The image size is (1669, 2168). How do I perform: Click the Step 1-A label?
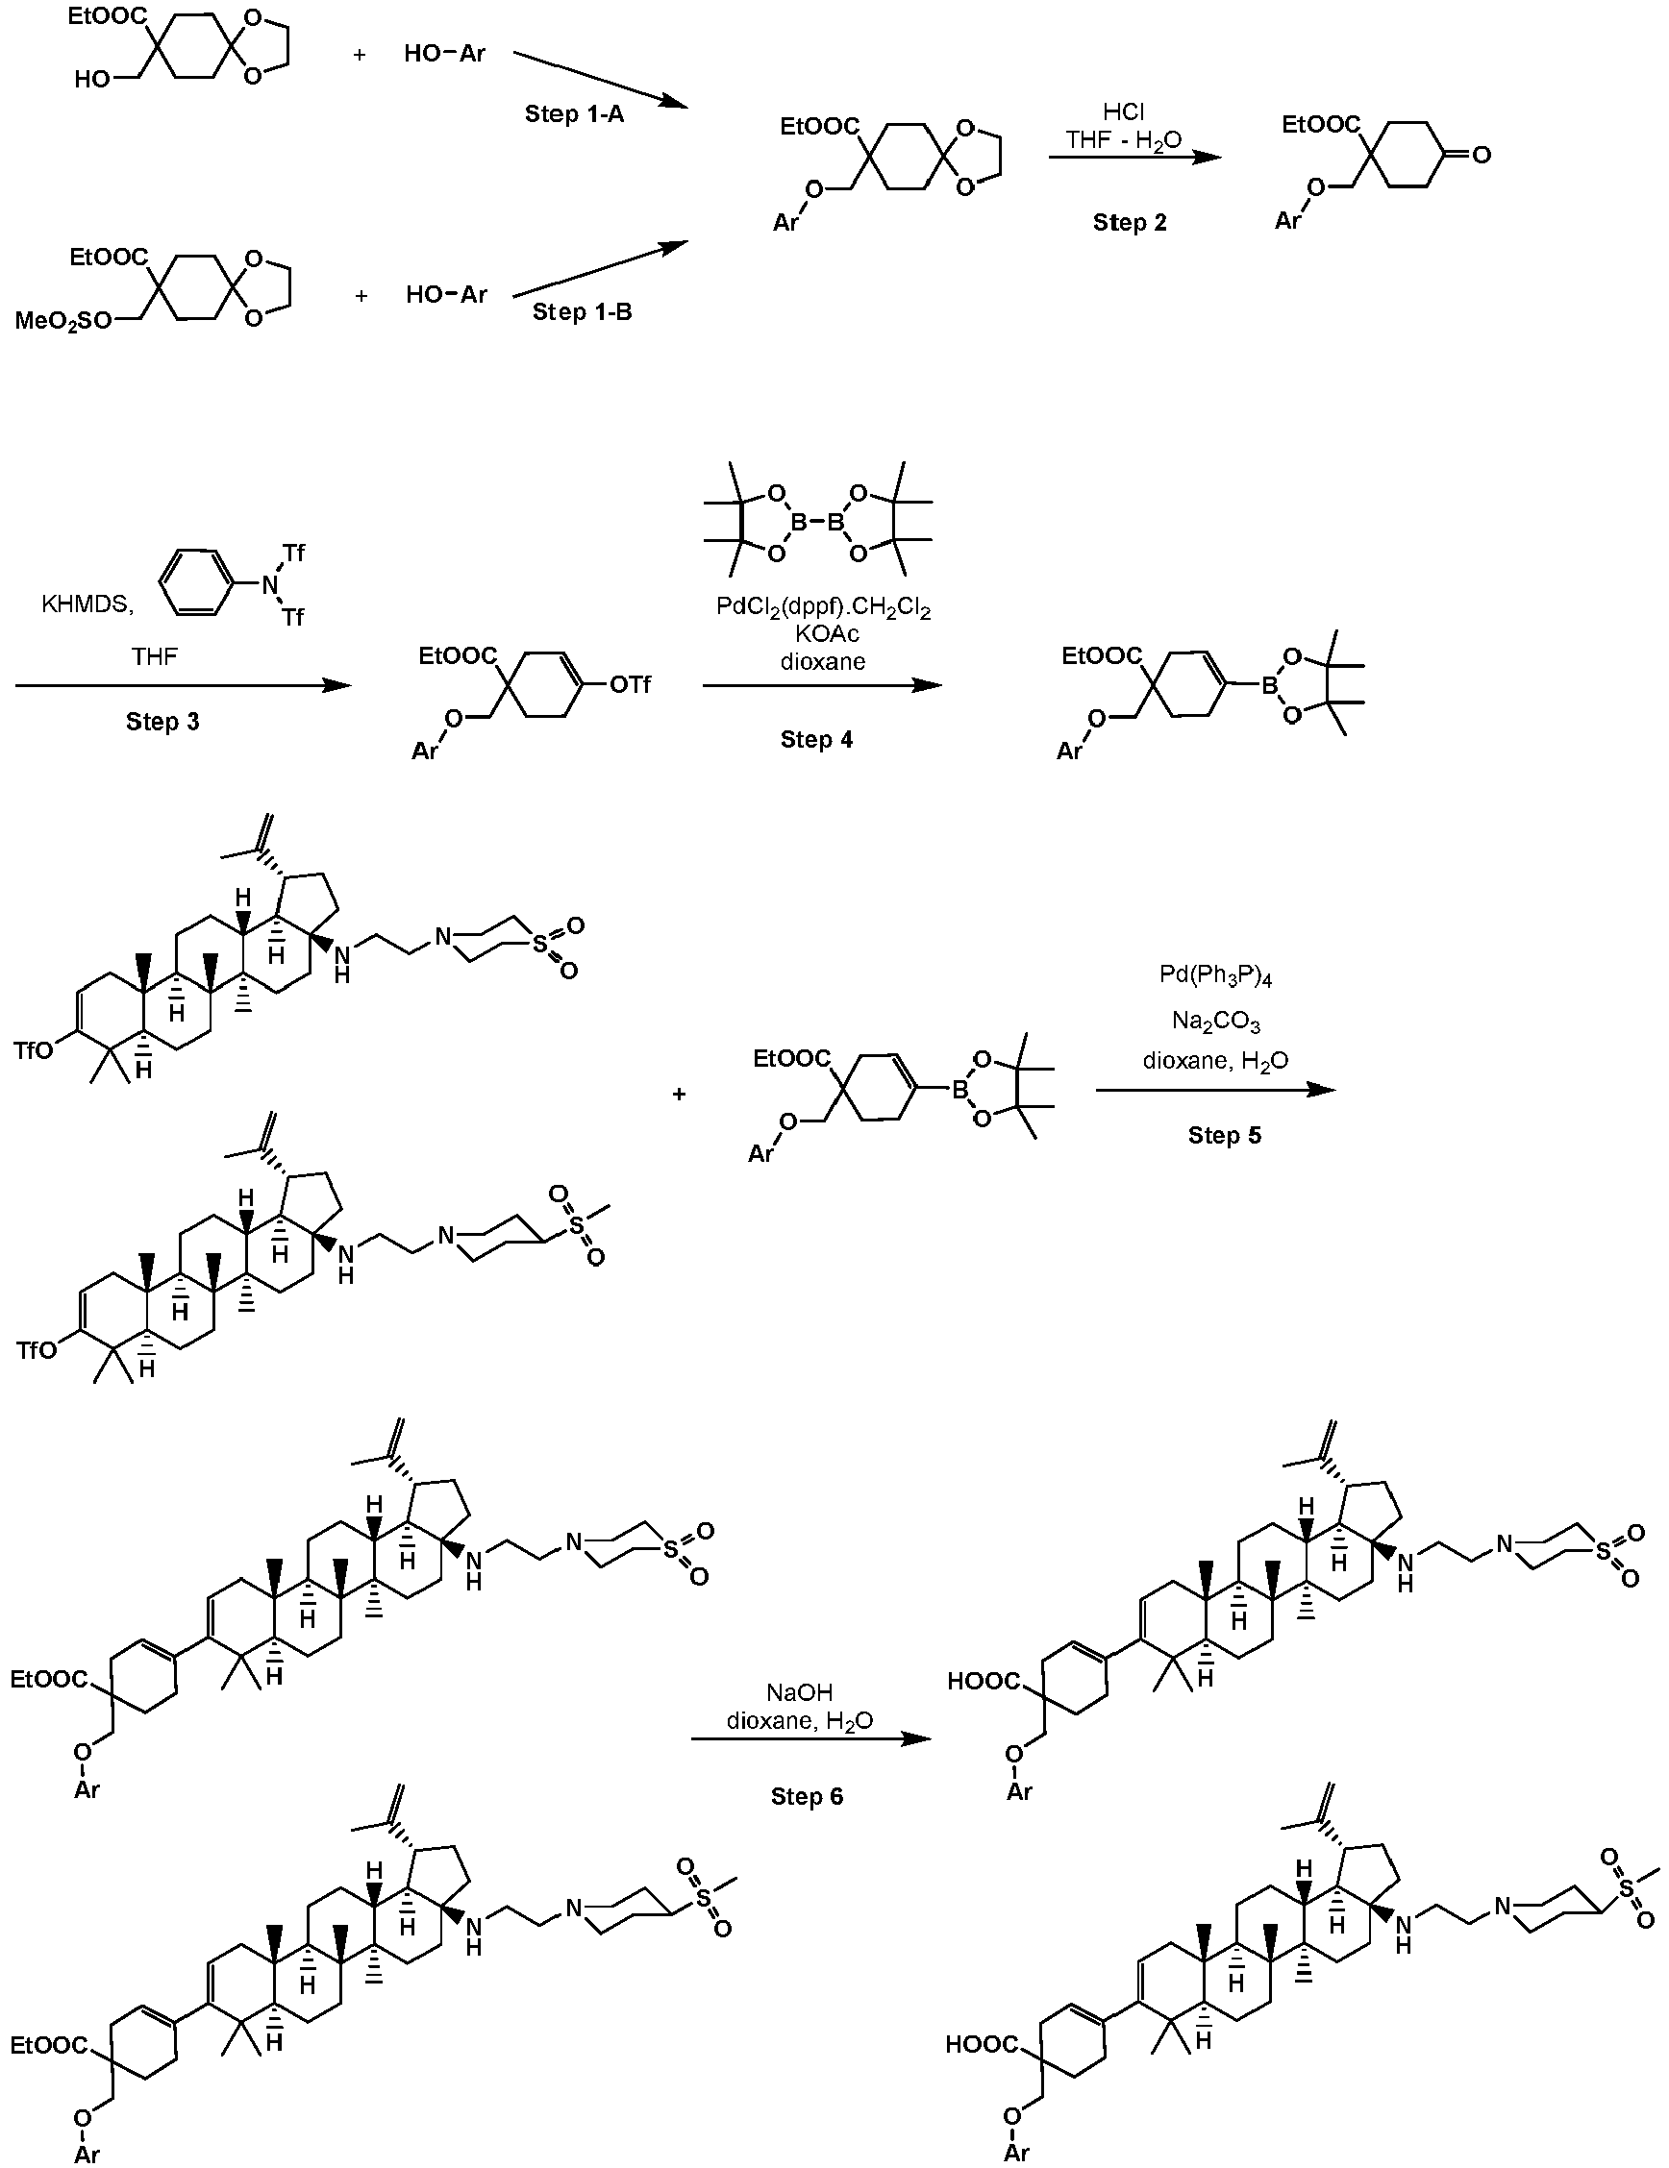574,114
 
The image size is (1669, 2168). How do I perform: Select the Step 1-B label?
582,311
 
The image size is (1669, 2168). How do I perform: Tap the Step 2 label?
1130,222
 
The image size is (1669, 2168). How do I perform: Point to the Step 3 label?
162,722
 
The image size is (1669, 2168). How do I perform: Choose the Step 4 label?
816,740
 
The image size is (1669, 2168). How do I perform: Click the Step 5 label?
1224,1136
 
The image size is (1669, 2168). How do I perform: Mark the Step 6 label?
808,1797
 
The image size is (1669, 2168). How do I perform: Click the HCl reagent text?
1124,112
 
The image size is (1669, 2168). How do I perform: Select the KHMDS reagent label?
87,604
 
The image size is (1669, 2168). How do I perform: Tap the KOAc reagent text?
823,634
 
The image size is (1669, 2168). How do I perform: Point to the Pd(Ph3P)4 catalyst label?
1215,977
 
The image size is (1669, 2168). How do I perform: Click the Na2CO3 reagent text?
1215,1022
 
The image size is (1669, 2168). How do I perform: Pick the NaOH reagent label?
799,1692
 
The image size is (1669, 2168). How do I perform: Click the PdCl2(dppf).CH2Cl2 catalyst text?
823,607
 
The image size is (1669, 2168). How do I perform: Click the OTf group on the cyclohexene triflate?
630,685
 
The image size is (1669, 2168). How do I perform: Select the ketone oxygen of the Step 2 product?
1481,155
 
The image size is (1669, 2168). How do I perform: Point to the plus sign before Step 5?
679,1094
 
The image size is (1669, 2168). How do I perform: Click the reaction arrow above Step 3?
183,686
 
